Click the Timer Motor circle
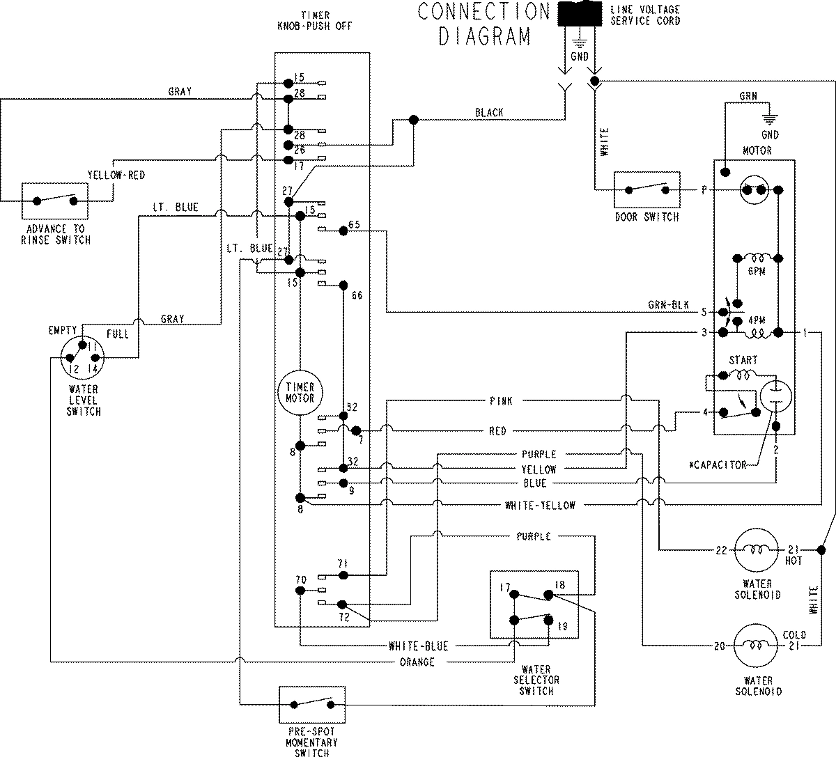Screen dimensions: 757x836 coord(300,393)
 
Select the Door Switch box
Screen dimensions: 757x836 coord(647,189)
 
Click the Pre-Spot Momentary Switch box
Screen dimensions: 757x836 coord(311,705)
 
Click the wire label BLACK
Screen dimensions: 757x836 coord(489,112)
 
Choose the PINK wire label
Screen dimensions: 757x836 coord(500,401)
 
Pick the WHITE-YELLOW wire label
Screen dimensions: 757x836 coord(540,506)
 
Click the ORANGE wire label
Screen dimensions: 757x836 coord(417,662)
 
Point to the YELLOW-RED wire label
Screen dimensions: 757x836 coord(116,175)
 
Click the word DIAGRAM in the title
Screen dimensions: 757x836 coord(484,36)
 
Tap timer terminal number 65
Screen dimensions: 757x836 coord(354,224)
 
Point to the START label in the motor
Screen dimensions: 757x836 coord(742,360)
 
